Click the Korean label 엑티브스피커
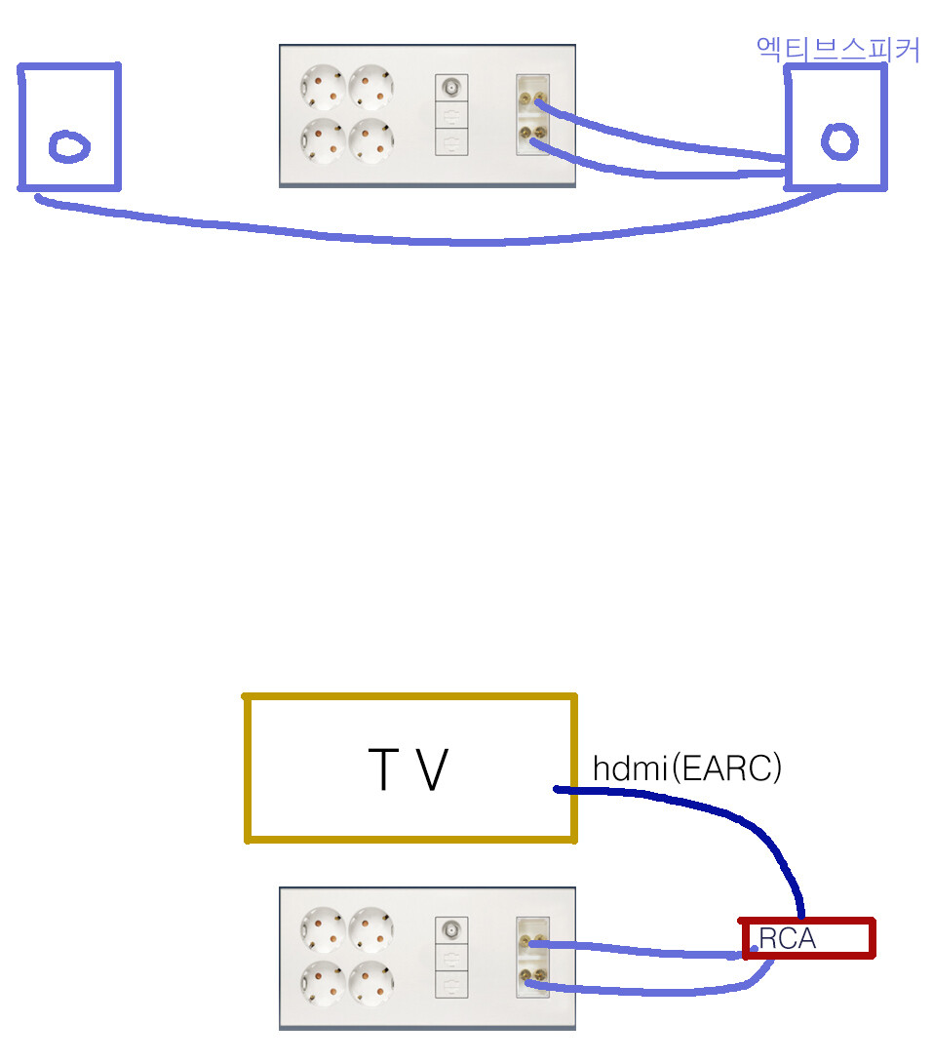[x=837, y=50]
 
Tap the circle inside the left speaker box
[x=69, y=147]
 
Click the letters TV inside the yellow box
[x=408, y=769]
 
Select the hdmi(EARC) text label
[x=687, y=768]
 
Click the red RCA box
[x=807, y=939]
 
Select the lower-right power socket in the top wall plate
[x=370, y=140]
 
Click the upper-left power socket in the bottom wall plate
[x=323, y=931]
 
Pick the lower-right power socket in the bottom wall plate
[x=370, y=983]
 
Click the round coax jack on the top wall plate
[x=451, y=88]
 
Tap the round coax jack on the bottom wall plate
[x=451, y=930]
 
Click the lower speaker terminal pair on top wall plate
[x=532, y=135]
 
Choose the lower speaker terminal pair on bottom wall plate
[x=532, y=978]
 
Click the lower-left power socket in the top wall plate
[x=323, y=140]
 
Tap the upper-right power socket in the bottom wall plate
[x=370, y=931]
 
